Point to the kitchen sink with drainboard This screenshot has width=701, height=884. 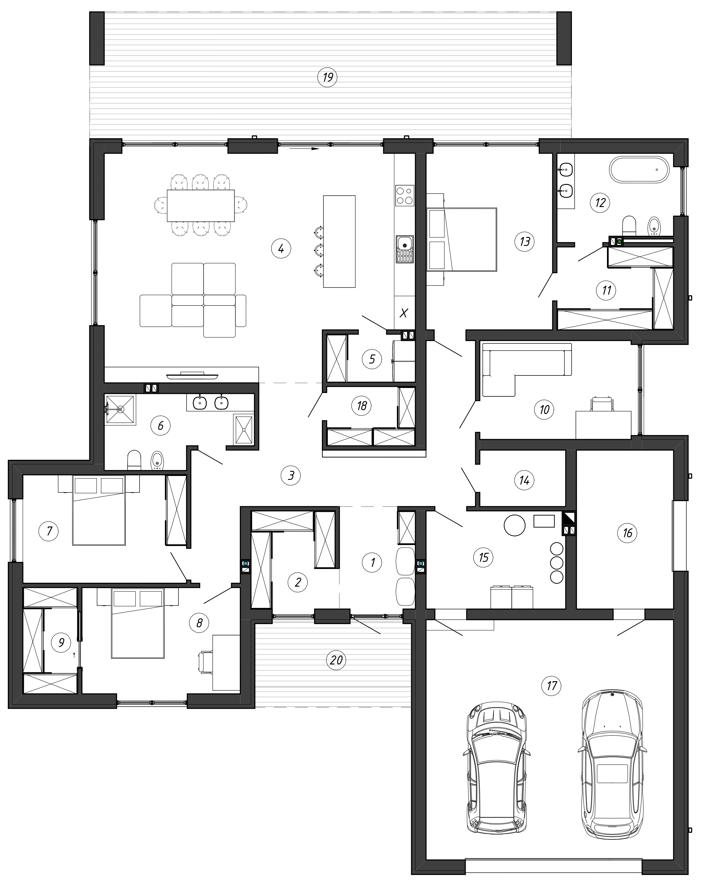(x=405, y=249)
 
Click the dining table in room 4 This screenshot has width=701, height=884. (x=201, y=206)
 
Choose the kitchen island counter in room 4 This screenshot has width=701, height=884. (x=339, y=241)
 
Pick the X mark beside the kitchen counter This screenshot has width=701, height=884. (x=404, y=314)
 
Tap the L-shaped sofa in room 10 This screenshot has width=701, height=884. (x=526, y=369)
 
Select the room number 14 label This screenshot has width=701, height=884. (x=524, y=480)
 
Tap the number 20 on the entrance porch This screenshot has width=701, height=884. (x=336, y=660)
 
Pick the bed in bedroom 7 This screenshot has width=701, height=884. (x=99, y=510)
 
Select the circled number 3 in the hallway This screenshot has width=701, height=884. (x=291, y=476)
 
